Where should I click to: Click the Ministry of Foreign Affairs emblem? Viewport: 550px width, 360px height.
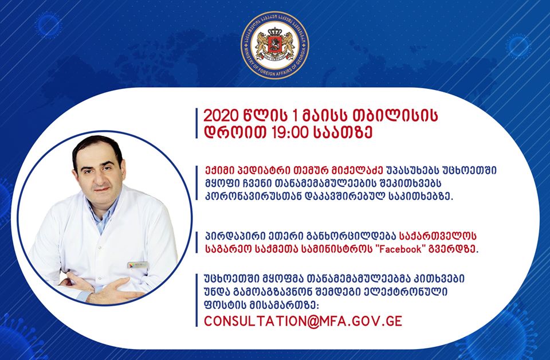pyautogui.click(x=275, y=45)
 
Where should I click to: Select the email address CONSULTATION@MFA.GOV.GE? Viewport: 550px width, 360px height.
pyautogui.click(x=303, y=321)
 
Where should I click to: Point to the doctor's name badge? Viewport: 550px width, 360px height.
pyautogui.click(x=138, y=265)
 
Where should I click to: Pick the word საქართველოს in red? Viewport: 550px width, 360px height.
pyautogui.click(x=438, y=236)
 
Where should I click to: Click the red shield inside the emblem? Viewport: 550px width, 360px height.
pyautogui.click(x=275, y=44)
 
